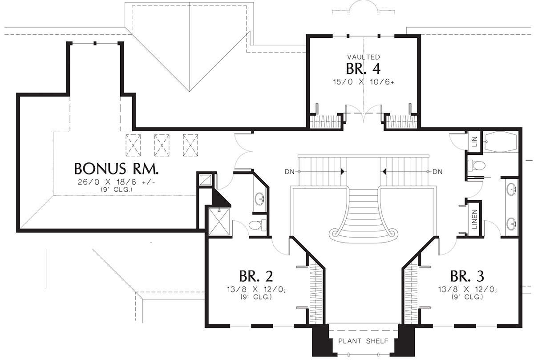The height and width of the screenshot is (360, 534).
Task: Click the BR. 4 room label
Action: (x=363, y=69)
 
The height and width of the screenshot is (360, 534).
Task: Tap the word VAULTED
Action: (x=364, y=57)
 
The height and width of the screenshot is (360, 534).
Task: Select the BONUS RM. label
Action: (x=116, y=169)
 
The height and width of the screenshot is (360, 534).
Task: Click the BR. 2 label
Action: (x=256, y=276)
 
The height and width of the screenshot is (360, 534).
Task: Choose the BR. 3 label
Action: (x=467, y=276)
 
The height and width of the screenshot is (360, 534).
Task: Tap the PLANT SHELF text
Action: (x=363, y=341)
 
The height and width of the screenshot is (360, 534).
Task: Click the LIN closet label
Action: (x=475, y=142)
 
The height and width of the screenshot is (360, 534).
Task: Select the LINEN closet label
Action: (x=475, y=219)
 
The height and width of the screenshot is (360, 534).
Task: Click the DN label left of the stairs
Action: (x=289, y=172)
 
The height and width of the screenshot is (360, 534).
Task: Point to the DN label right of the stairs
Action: (x=437, y=172)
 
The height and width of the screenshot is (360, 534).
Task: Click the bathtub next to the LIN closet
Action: (x=501, y=142)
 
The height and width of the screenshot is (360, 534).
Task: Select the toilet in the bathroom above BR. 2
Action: (x=258, y=225)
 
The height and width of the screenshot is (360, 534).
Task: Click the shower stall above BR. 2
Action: (x=219, y=222)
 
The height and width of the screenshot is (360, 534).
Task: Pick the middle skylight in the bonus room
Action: (x=162, y=145)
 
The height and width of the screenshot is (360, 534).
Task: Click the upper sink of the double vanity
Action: (x=512, y=189)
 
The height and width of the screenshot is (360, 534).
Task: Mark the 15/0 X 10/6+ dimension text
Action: (x=363, y=82)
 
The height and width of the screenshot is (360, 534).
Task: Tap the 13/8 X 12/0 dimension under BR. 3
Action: (x=467, y=290)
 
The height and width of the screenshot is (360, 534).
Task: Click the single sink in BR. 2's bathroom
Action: (x=259, y=198)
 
